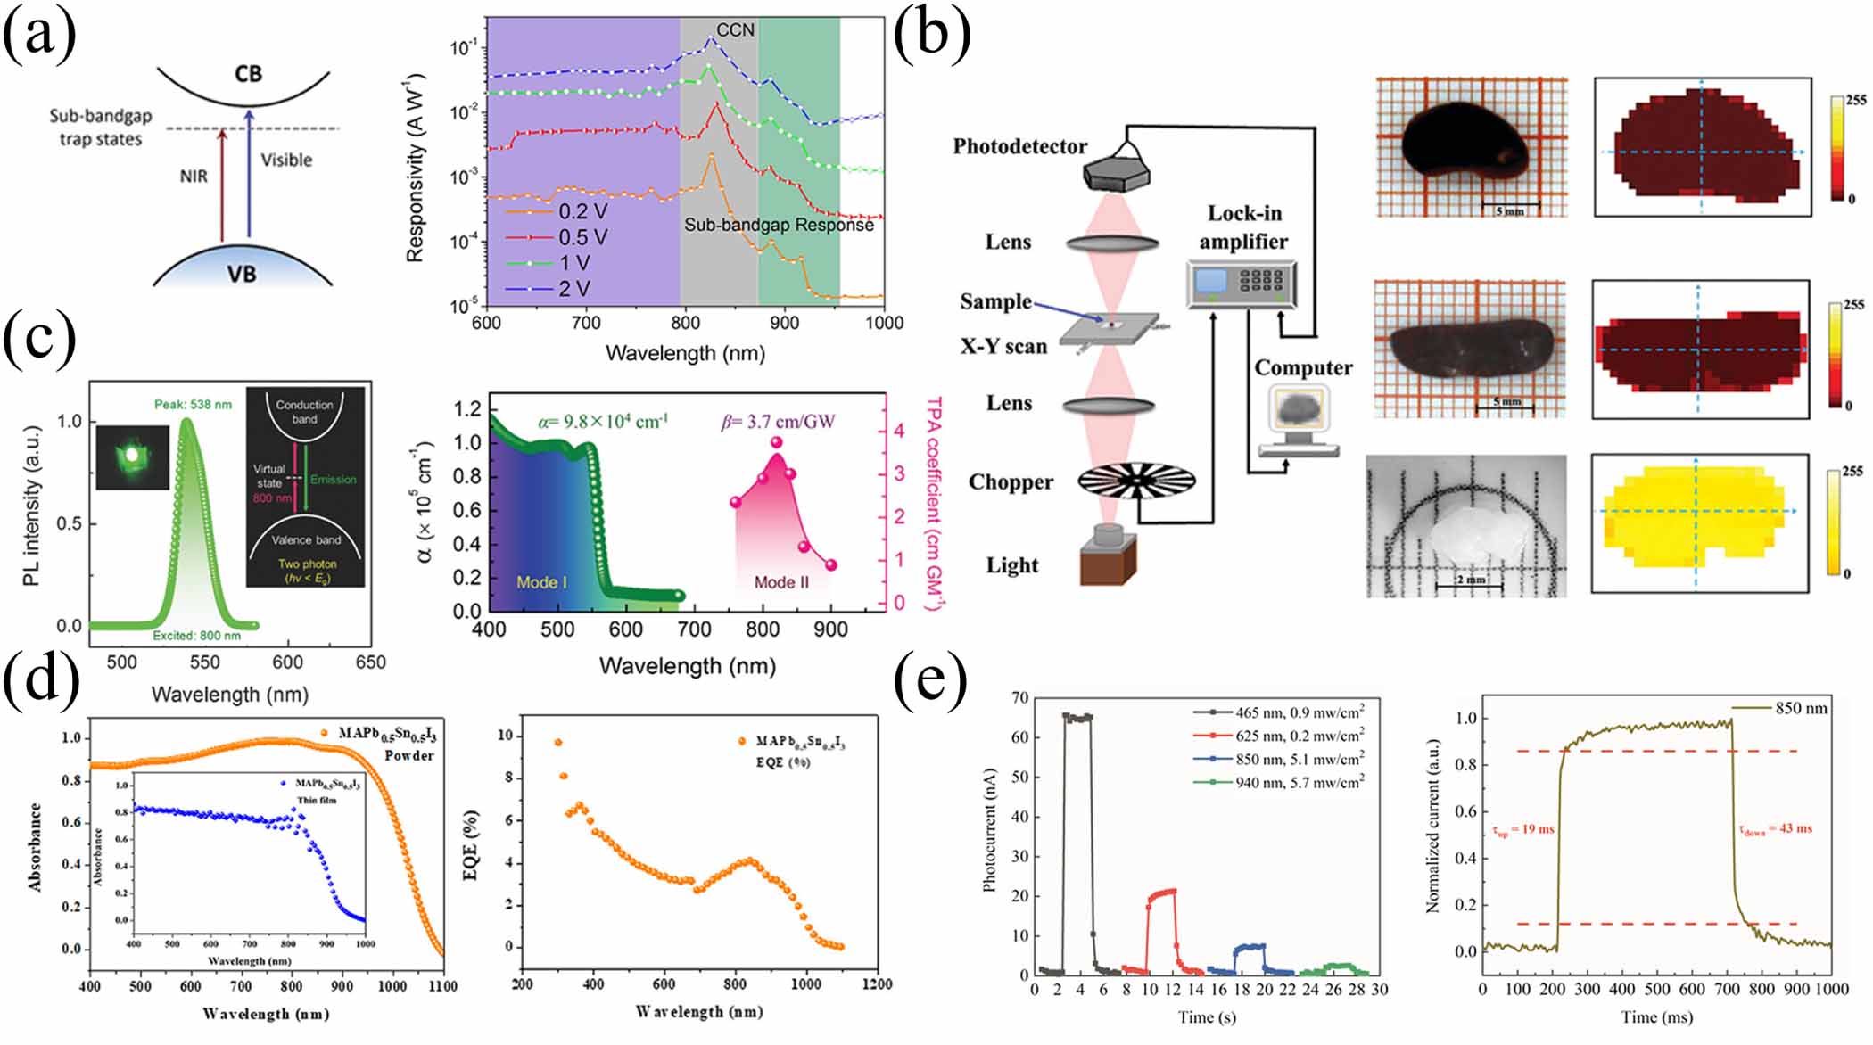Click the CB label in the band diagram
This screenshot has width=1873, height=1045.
(x=248, y=73)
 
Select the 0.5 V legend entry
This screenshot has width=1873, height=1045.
(x=582, y=237)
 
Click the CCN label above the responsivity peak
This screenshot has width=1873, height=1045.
(x=735, y=30)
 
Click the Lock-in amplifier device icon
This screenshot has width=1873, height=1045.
(x=1241, y=284)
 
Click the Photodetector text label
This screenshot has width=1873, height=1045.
(x=1019, y=146)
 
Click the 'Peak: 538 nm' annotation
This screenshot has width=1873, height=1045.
(x=193, y=404)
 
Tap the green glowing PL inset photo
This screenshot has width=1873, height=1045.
(x=132, y=456)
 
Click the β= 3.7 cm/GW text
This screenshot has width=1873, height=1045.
(x=778, y=420)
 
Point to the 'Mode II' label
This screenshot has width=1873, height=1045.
(x=781, y=582)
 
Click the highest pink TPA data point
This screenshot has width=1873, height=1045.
(x=776, y=442)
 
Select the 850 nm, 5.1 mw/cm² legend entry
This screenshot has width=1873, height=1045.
(x=1299, y=759)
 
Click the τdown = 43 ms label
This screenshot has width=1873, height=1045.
(x=1774, y=828)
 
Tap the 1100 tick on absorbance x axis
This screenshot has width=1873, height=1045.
(x=442, y=986)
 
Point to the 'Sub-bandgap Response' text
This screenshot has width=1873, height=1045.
(x=778, y=226)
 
